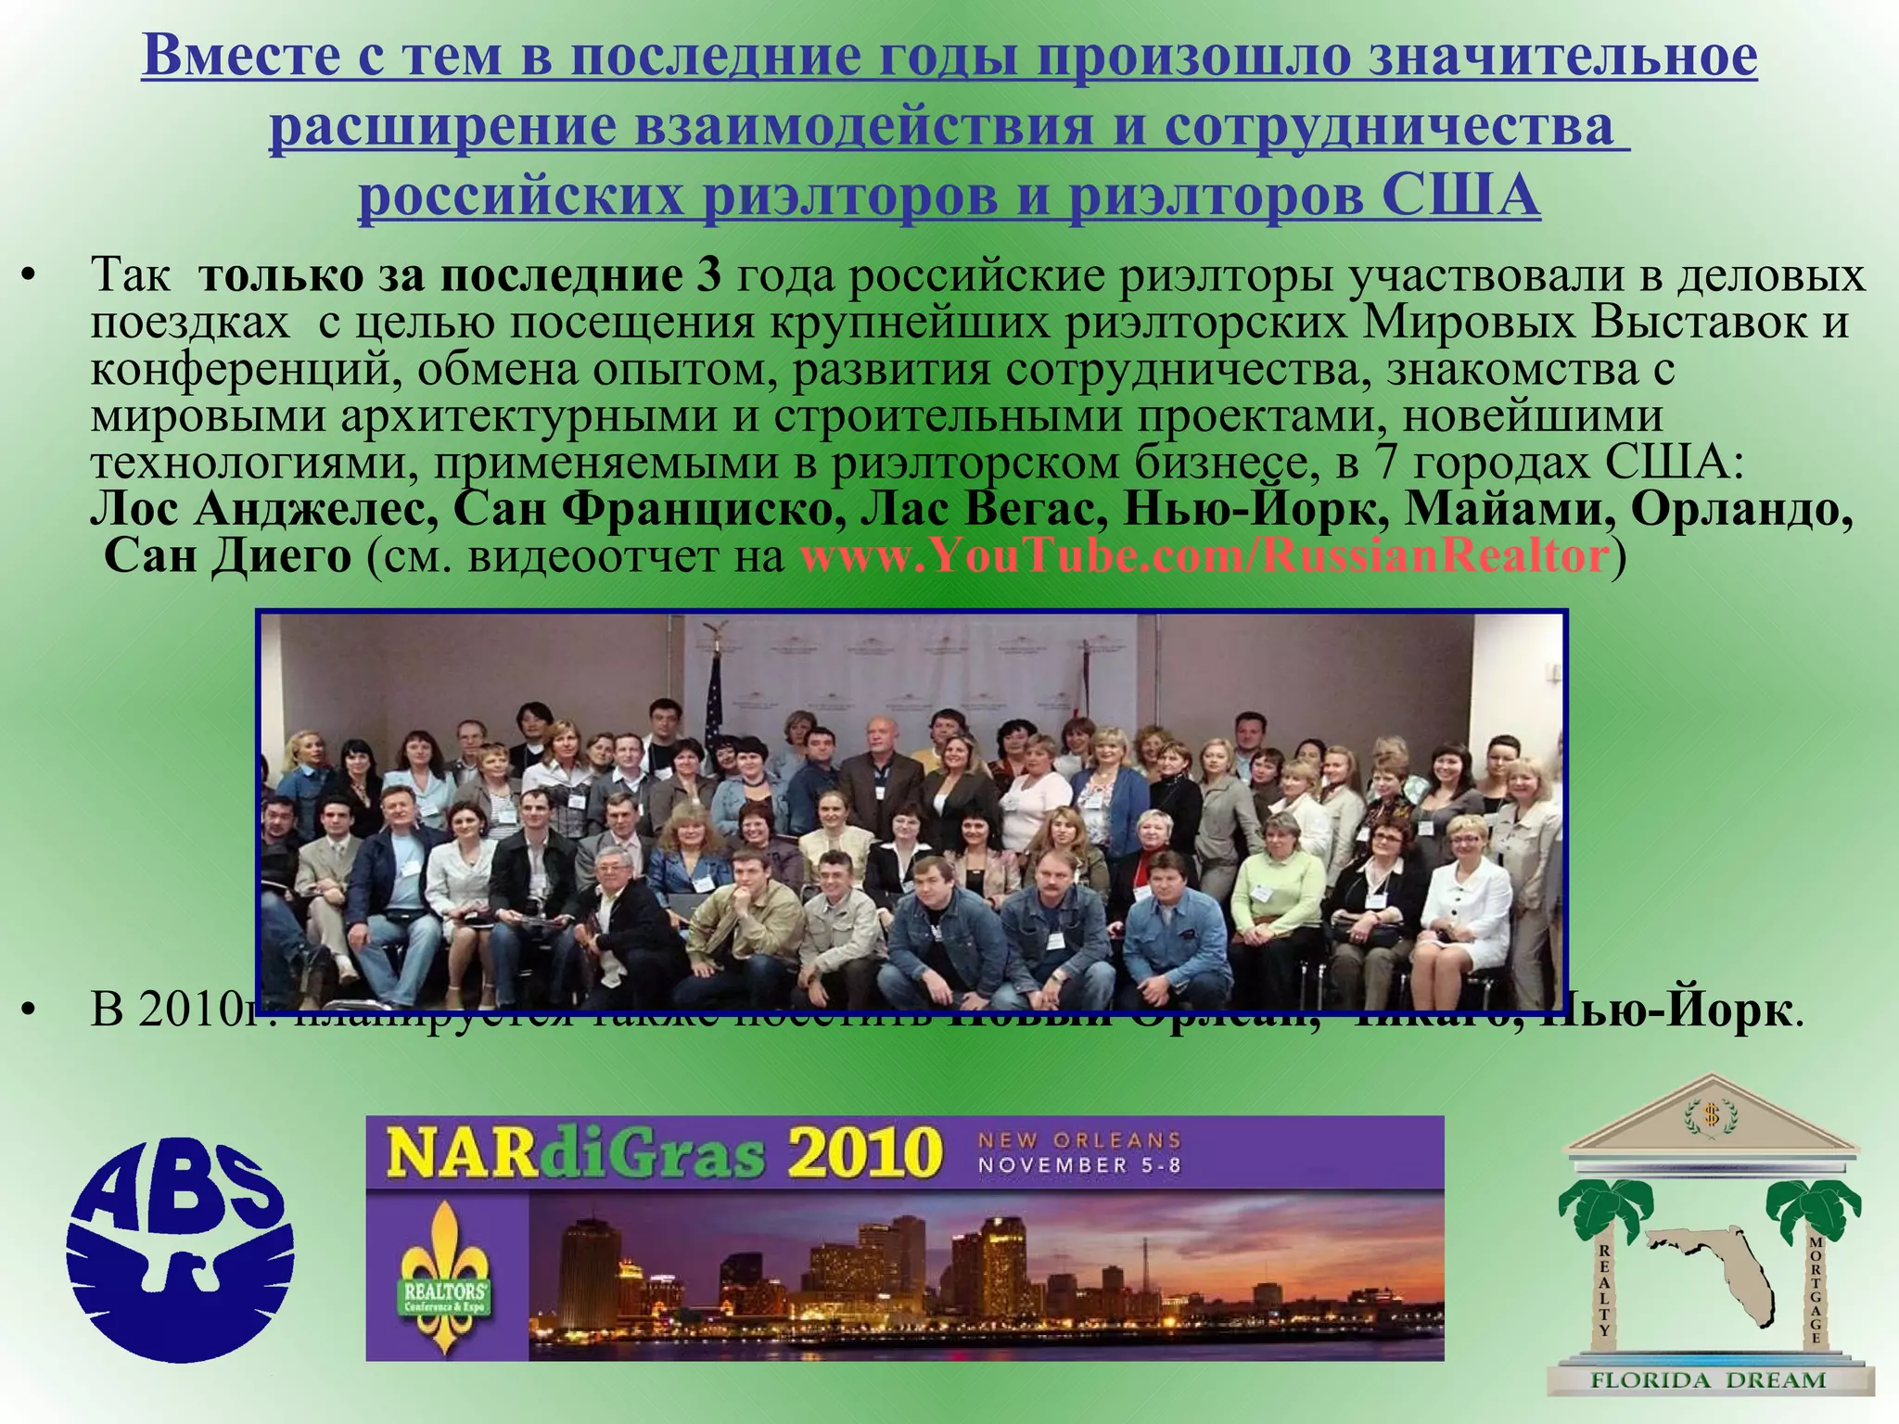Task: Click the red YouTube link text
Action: pyautogui.click(x=1204, y=556)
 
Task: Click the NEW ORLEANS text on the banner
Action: pyautogui.click(x=1079, y=1139)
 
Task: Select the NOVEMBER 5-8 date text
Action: pyautogui.click(x=1079, y=1165)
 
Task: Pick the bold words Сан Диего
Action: pyautogui.click(x=228, y=556)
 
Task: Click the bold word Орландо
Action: pyautogui.click(x=1742, y=509)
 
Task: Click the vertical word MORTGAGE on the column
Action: pyautogui.click(x=1816, y=1290)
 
